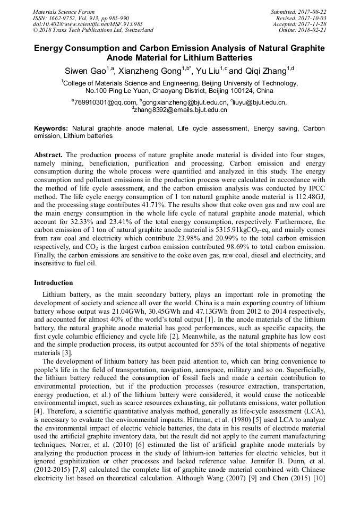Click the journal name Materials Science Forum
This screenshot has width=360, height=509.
(x=64, y=12)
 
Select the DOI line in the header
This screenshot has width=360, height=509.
(x=88, y=24)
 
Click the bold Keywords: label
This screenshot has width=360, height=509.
(x=52, y=128)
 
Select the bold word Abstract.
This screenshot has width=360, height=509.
(x=48, y=155)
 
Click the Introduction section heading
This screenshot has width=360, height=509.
(x=54, y=283)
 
